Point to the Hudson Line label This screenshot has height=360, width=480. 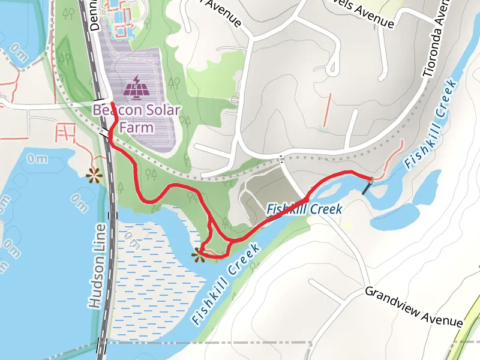[98, 266]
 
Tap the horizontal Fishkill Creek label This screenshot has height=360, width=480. [304, 209]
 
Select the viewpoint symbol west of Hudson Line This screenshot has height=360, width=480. [92, 175]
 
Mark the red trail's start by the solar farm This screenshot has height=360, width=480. [112, 105]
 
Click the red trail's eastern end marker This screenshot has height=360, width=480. [371, 179]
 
